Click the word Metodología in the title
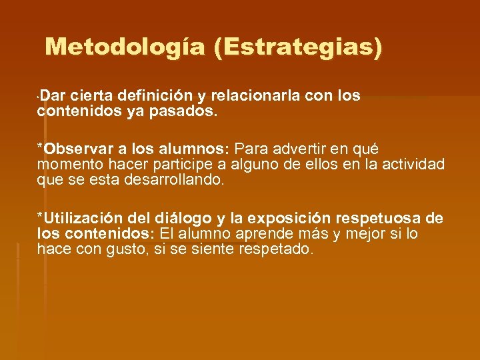126,47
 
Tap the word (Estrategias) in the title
299,47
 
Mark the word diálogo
183,218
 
